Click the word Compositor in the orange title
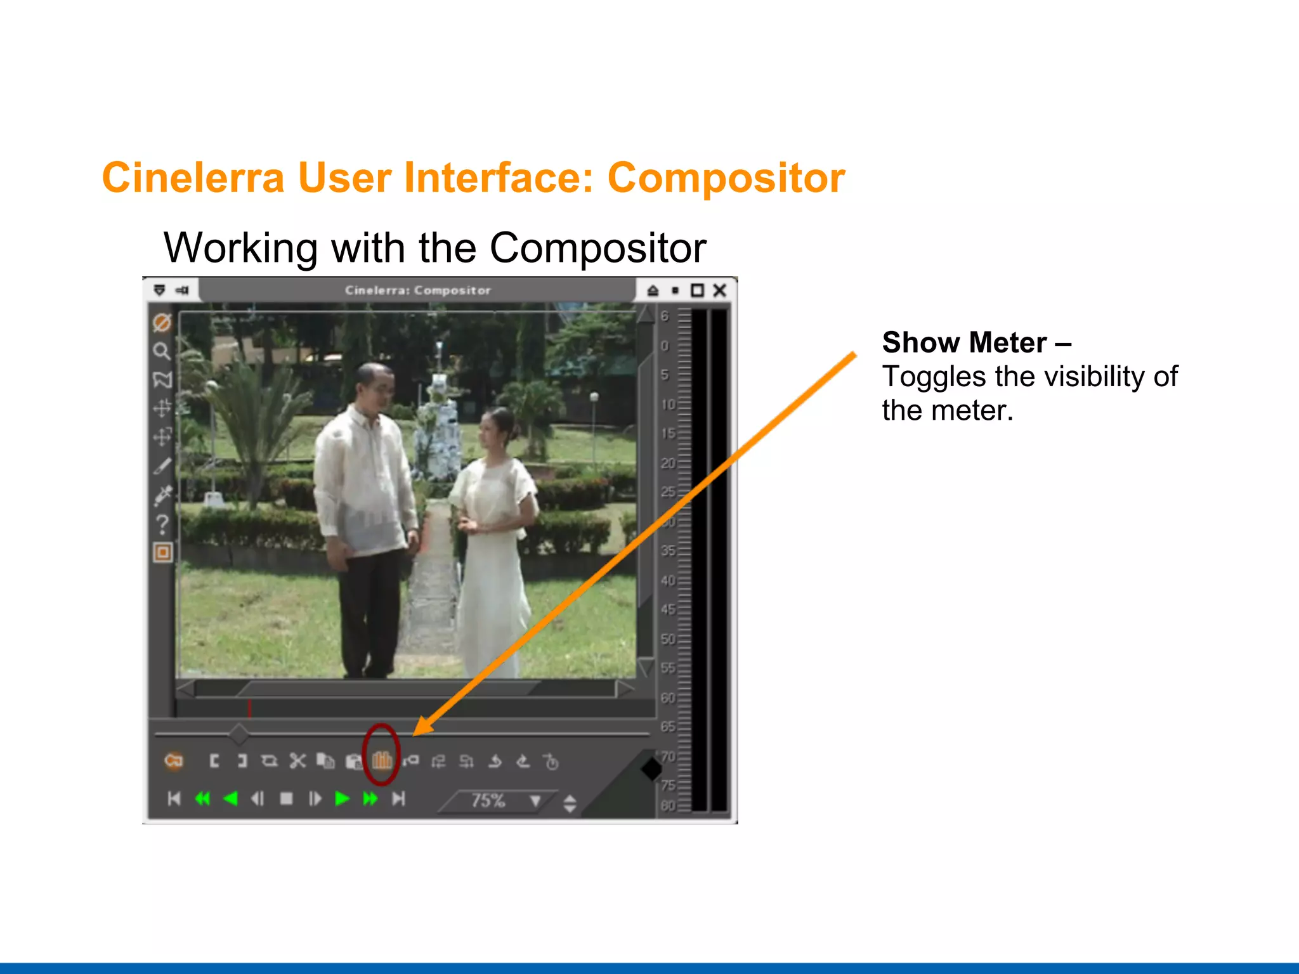[x=726, y=178]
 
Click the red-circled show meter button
[x=382, y=759]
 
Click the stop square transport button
[x=287, y=799]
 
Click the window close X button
[x=719, y=290]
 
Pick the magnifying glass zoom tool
[x=162, y=351]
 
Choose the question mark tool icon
[x=162, y=524]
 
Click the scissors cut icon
[x=297, y=760]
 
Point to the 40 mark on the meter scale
[x=668, y=580]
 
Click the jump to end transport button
[x=398, y=799]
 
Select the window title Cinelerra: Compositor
[x=418, y=290]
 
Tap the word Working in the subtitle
[x=241, y=248]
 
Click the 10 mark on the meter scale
[x=668, y=405]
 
